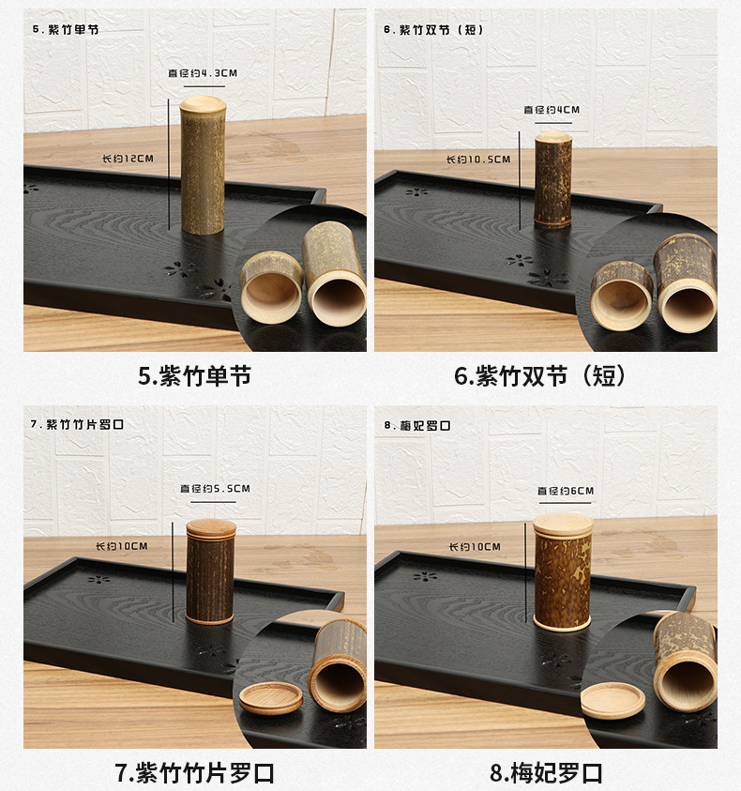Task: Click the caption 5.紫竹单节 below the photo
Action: click(194, 376)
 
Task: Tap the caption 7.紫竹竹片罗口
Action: click(194, 772)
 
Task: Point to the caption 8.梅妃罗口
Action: click(546, 772)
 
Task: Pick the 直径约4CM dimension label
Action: click(552, 110)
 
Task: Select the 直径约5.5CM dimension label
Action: click(215, 489)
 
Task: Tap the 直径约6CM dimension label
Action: click(565, 491)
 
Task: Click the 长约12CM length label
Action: click(128, 159)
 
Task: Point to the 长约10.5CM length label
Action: click(477, 160)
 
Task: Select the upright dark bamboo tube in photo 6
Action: click(552, 180)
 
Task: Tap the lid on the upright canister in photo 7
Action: click(210, 527)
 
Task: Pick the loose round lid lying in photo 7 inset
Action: click(271, 697)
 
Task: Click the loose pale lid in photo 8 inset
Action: click(613, 700)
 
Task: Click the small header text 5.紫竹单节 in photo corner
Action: click(66, 29)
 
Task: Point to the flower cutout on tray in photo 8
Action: click(426, 576)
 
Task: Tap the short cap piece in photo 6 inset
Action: click(622, 295)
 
